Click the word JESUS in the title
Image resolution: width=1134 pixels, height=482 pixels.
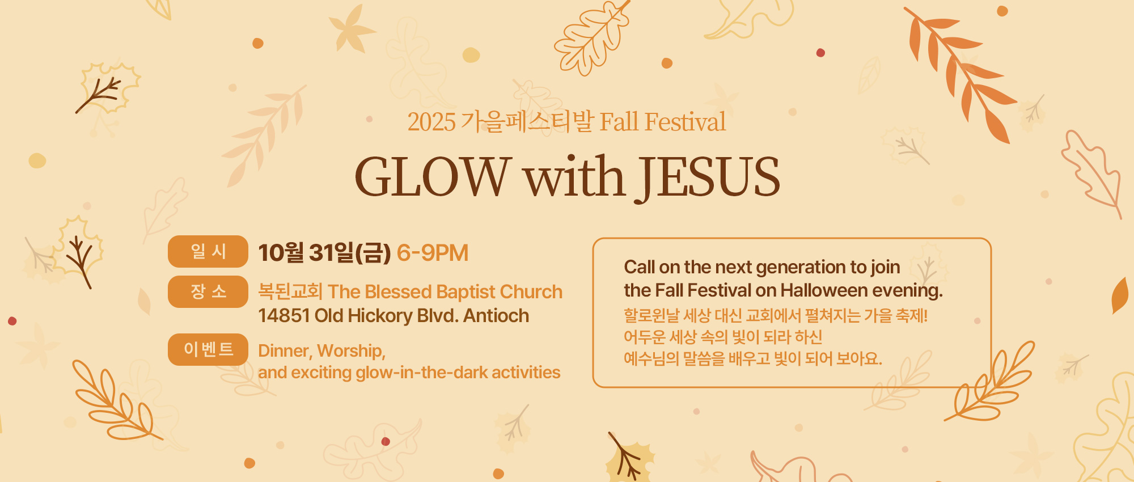click(710, 177)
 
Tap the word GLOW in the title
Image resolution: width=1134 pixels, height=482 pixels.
click(433, 177)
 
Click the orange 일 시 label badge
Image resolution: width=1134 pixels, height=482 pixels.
click(208, 251)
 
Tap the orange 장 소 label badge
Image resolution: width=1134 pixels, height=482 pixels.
click(208, 291)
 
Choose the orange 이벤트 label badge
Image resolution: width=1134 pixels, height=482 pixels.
click(208, 349)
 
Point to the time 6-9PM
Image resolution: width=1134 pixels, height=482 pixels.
click(433, 253)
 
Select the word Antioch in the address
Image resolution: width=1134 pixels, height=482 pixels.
click(496, 316)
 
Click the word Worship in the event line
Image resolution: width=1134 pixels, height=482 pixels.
click(351, 352)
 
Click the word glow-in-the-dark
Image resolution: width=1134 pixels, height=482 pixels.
click(422, 373)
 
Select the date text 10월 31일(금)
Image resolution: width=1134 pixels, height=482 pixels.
click(324, 253)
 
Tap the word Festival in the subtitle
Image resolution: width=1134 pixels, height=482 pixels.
click(685, 122)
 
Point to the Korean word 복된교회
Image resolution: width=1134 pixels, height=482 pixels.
click(290, 291)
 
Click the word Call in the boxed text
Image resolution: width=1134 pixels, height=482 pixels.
click(640, 267)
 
